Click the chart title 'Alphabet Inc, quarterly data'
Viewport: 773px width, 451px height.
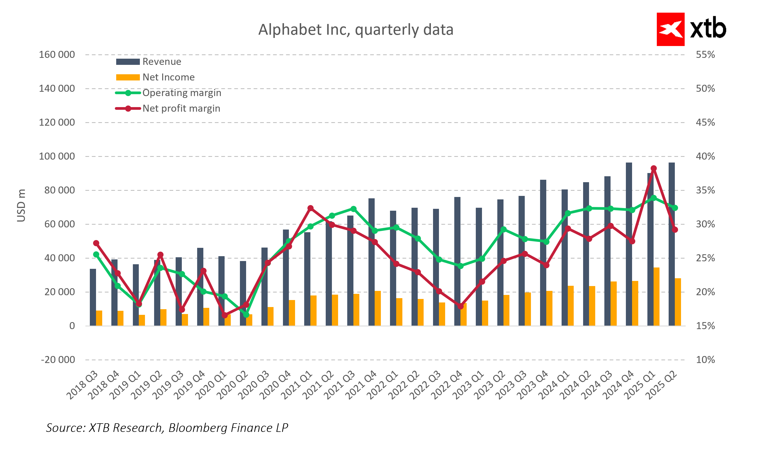(x=356, y=30)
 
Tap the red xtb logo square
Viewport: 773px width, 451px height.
(x=670, y=29)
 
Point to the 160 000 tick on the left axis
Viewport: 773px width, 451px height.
(x=57, y=55)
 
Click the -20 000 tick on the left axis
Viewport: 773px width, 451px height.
(x=58, y=360)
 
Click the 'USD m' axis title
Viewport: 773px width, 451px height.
(x=21, y=205)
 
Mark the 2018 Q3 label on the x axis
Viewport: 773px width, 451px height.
(x=83, y=385)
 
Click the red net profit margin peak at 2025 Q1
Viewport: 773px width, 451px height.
(x=653, y=168)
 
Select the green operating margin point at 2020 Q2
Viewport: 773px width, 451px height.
(x=246, y=315)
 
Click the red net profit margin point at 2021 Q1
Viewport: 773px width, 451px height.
(x=310, y=208)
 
